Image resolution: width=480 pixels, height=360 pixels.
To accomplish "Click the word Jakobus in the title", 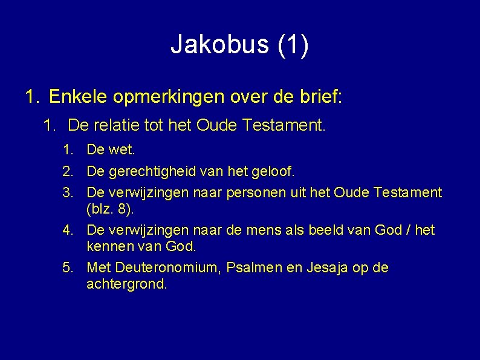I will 220,45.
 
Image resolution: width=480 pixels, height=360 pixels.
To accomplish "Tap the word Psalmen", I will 248,267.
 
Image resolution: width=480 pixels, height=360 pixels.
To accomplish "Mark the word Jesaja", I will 321,267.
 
